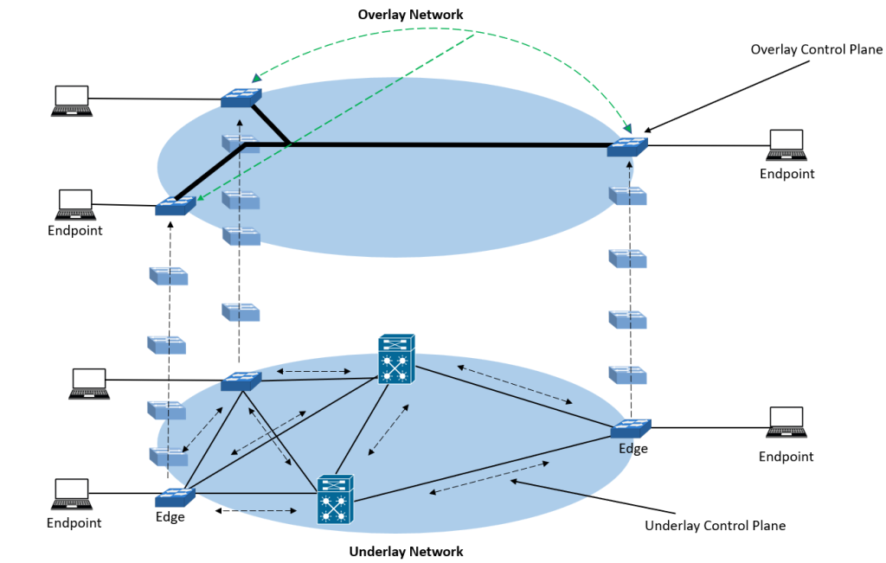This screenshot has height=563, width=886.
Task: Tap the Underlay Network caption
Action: pyautogui.click(x=406, y=552)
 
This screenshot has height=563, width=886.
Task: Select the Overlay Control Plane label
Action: pyautogui.click(x=817, y=50)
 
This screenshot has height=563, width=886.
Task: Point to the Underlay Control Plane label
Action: pyautogui.click(x=716, y=525)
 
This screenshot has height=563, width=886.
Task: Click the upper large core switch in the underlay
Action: pyautogui.click(x=397, y=359)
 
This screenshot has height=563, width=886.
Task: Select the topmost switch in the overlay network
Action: pyautogui.click(x=241, y=99)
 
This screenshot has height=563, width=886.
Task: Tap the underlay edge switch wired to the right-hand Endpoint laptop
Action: pyautogui.click(x=630, y=428)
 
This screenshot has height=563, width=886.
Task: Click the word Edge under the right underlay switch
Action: pyautogui.click(x=632, y=449)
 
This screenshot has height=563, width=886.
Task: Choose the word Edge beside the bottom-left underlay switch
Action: pyautogui.click(x=170, y=517)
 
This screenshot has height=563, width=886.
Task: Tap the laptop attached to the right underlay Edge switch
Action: pyautogui.click(x=786, y=421)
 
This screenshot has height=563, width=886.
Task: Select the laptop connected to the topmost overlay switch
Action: pyautogui.click(x=72, y=100)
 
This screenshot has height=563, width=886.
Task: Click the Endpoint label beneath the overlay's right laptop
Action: pyautogui.click(x=786, y=174)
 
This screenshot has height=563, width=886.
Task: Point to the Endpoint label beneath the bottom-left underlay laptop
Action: pyautogui.click(x=74, y=522)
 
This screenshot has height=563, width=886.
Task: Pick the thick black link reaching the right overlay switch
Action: pyautogui.click(x=450, y=145)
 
